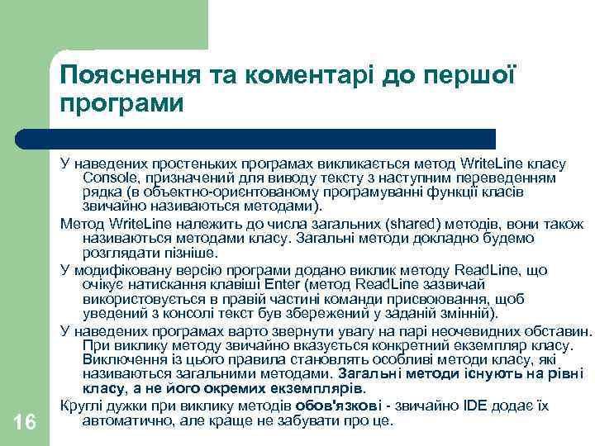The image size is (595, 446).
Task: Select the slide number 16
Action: click(x=25, y=422)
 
